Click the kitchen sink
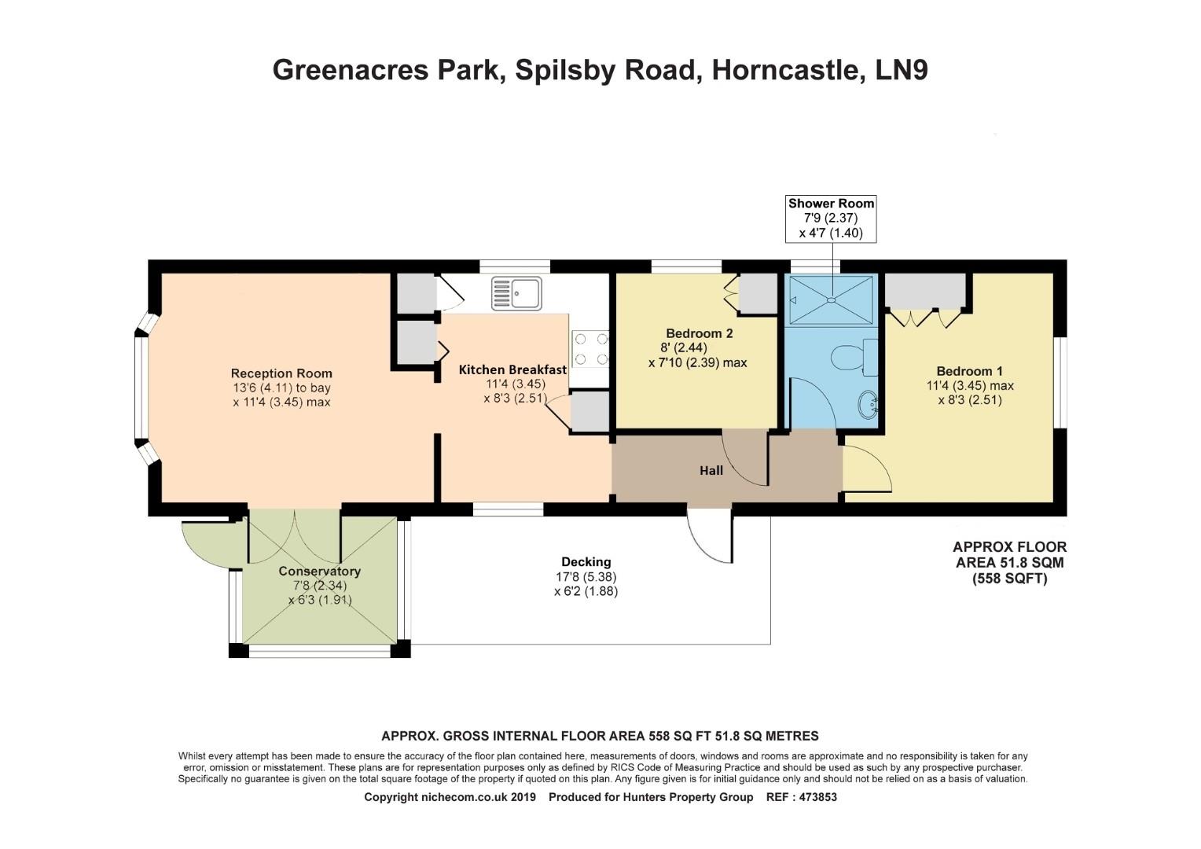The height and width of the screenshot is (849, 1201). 516,292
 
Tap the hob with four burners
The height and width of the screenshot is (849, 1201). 591,349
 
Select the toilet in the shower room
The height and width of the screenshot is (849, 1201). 848,358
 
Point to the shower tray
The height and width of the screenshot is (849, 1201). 831,299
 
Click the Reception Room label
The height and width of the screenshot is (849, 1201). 281,373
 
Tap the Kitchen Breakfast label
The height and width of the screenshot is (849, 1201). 512,369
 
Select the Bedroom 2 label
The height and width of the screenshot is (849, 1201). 699,333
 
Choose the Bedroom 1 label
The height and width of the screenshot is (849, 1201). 969,371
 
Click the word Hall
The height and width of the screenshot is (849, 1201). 711,471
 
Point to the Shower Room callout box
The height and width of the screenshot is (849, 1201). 831,218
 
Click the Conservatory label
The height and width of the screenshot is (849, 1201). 319,572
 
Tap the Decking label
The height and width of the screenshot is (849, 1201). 586,562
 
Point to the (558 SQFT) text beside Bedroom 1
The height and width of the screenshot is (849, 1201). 1009,579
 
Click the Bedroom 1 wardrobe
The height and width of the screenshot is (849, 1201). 925,292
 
